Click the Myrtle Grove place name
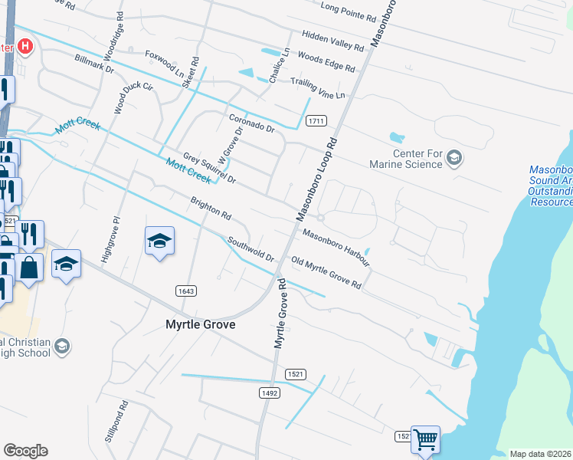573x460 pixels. point(201,324)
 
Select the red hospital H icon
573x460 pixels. point(25,48)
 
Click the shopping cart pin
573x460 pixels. point(425,440)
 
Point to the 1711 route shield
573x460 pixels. point(317,121)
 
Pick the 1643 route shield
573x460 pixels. point(186,291)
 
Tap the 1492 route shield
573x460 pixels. point(270,393)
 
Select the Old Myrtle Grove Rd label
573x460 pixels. point(326,273)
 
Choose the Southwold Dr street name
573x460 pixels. point(250,249)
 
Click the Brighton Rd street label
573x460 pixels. point(211,208)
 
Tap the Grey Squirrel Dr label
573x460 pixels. point(209,169)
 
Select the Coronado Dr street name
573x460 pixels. point(251,123)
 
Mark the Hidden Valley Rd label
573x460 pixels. point(332,41)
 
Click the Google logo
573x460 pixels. point(25,451)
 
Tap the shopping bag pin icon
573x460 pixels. point(30,268)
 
